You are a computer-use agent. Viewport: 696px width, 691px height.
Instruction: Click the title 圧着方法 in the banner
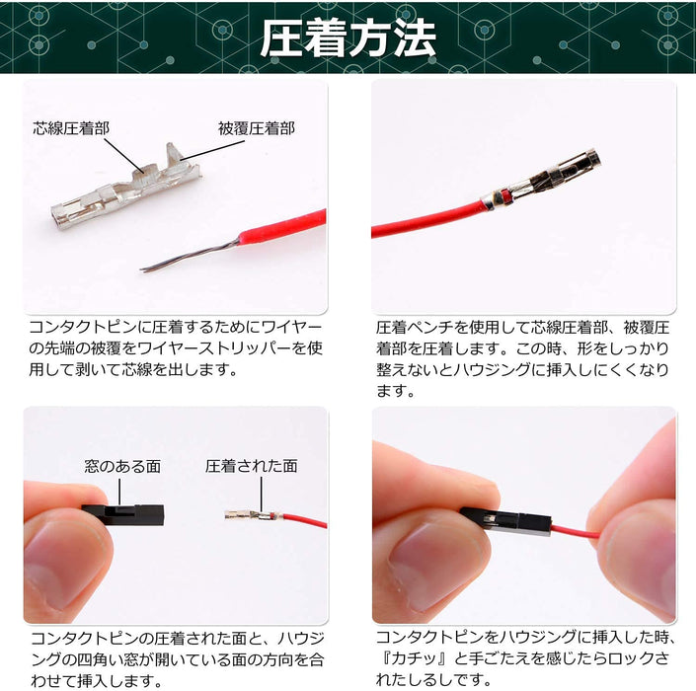(x=348, y=38)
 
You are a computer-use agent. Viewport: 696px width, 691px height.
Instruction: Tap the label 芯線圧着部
(x=71, y=128)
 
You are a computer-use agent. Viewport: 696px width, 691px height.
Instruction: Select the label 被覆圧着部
(x=256, y=128)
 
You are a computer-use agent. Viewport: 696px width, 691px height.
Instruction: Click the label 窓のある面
(x=122, y=466)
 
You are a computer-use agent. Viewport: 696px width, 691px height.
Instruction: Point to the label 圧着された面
(x=252, y=466)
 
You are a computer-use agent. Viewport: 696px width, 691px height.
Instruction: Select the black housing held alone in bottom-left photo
(x=123, y=514)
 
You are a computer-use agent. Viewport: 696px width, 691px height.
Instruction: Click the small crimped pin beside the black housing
(x=254, y=515)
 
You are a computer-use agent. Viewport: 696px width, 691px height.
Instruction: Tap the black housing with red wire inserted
(x=506, y=521)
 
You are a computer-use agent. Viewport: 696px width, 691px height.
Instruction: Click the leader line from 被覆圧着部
(x=211, y=151)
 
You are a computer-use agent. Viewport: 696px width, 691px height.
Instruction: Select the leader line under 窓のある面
(x=119, y=492)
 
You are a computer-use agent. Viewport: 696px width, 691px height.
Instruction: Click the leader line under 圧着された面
(x=262, y=495)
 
